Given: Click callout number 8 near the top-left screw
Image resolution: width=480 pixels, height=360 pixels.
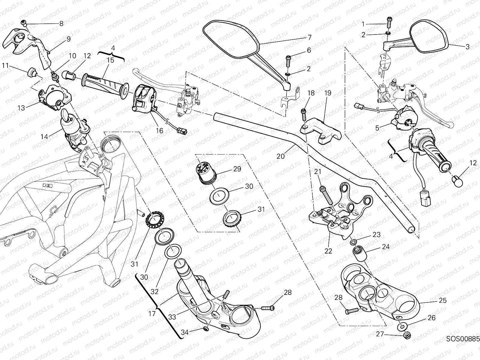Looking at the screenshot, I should pyautogui.click(x=61, y=23).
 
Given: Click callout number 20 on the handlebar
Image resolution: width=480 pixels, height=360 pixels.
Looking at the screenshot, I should pyautogui.click(x=280, y=156).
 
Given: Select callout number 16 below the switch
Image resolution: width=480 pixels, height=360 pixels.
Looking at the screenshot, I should pyautogui.click(x=159, y=130).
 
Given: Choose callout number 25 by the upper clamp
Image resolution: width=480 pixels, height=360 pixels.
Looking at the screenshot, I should pyautogui.click(x=442, y=300).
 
